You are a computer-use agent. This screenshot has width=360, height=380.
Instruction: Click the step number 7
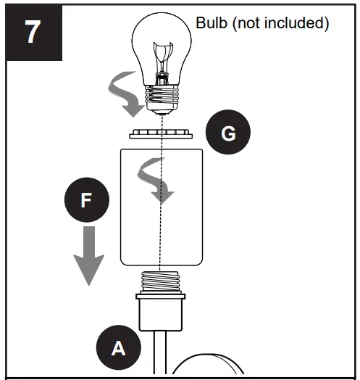coord(33,33)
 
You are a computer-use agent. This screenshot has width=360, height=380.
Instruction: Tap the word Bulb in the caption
coord(212,23)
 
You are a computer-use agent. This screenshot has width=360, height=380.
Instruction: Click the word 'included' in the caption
coord(297,23)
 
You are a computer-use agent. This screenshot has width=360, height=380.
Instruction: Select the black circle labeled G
coord(227,133)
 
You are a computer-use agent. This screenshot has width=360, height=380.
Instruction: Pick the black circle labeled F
coord(86,201)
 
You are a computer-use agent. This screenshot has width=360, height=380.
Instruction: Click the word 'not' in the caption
coord(253,23)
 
